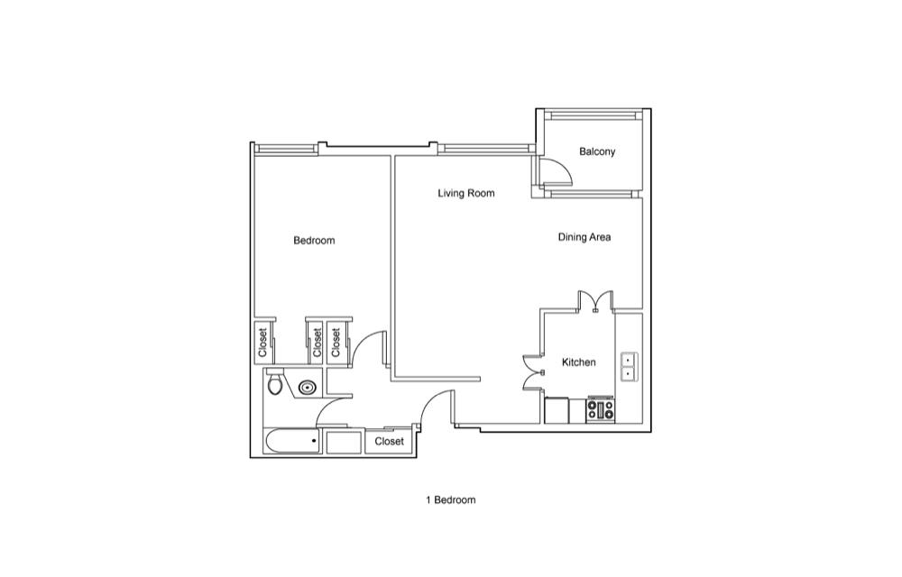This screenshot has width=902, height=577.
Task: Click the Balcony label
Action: point(597,151)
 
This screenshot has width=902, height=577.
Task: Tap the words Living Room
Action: point(466,193)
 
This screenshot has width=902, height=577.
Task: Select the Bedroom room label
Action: point(314,240)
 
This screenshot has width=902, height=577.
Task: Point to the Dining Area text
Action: point(584,237)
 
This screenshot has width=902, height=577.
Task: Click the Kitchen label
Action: point(579,362)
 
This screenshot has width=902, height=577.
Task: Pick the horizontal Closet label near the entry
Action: point(390,442)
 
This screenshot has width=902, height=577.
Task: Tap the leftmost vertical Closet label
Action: point(262,343)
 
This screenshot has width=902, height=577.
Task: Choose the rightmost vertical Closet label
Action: point(336,343)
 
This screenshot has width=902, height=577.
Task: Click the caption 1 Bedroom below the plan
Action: point(451,500)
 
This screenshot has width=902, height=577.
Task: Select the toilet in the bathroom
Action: point(276,383)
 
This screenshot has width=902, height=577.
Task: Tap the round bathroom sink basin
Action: point(308,388)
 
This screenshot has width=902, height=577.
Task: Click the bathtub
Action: point(292,441)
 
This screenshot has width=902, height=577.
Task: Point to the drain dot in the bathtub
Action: point(314,441)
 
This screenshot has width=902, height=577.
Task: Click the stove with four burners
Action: point(601,410)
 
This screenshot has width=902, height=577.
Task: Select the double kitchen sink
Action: point(629,367)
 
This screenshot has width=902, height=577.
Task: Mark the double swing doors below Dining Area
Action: point(595,301)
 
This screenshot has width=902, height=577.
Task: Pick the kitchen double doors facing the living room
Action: point(533,372)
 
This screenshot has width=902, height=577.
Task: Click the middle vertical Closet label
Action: point(317,343)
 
